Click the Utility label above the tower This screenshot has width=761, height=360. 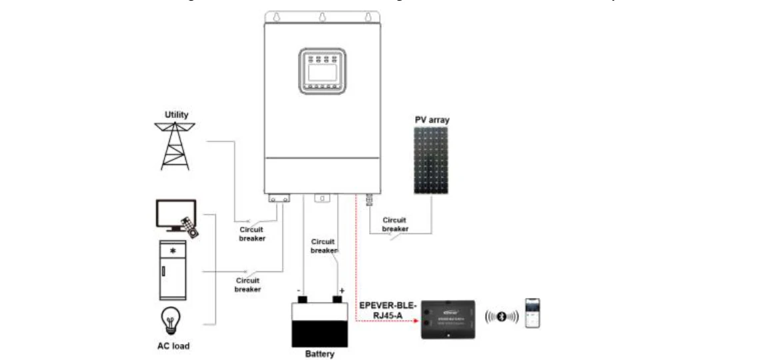(177, 115)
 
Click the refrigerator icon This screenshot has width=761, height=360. (173, 270)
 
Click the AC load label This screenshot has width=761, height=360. (173, 346)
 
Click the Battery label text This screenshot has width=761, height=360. (319, 354)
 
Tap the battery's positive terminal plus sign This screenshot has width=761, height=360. (342, 291)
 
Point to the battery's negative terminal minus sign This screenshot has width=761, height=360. (299, 291)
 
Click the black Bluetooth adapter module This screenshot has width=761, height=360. (449, 319)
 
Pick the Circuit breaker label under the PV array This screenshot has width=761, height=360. (395, 224)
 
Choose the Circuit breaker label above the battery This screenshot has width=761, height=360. (324, 246)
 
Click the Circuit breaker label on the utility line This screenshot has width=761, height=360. (252, 233)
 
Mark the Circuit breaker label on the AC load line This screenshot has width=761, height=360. (247, 285)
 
